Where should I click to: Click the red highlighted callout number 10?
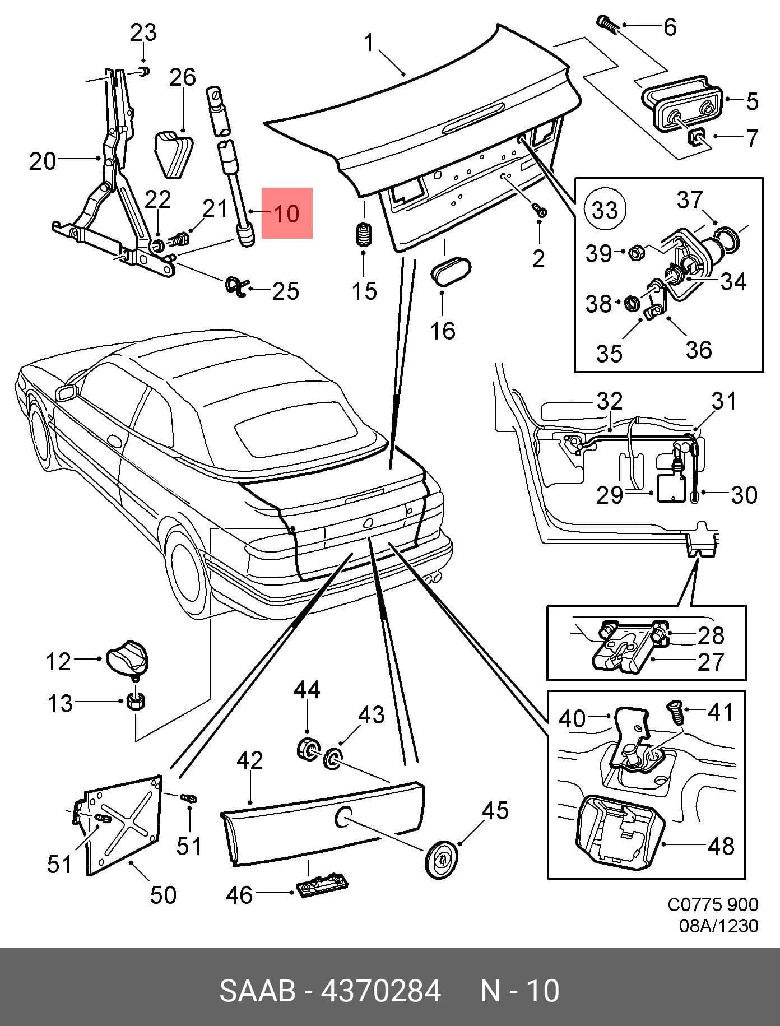point(287,213)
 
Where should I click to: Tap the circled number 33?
point(605,210)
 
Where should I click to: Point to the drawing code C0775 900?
point(712,904)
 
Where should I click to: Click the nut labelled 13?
point(136,700)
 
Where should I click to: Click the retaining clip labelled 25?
point(236,286)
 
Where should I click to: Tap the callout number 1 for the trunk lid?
point(368,42)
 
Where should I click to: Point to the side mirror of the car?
point(66,392)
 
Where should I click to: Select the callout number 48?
point(721,846)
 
